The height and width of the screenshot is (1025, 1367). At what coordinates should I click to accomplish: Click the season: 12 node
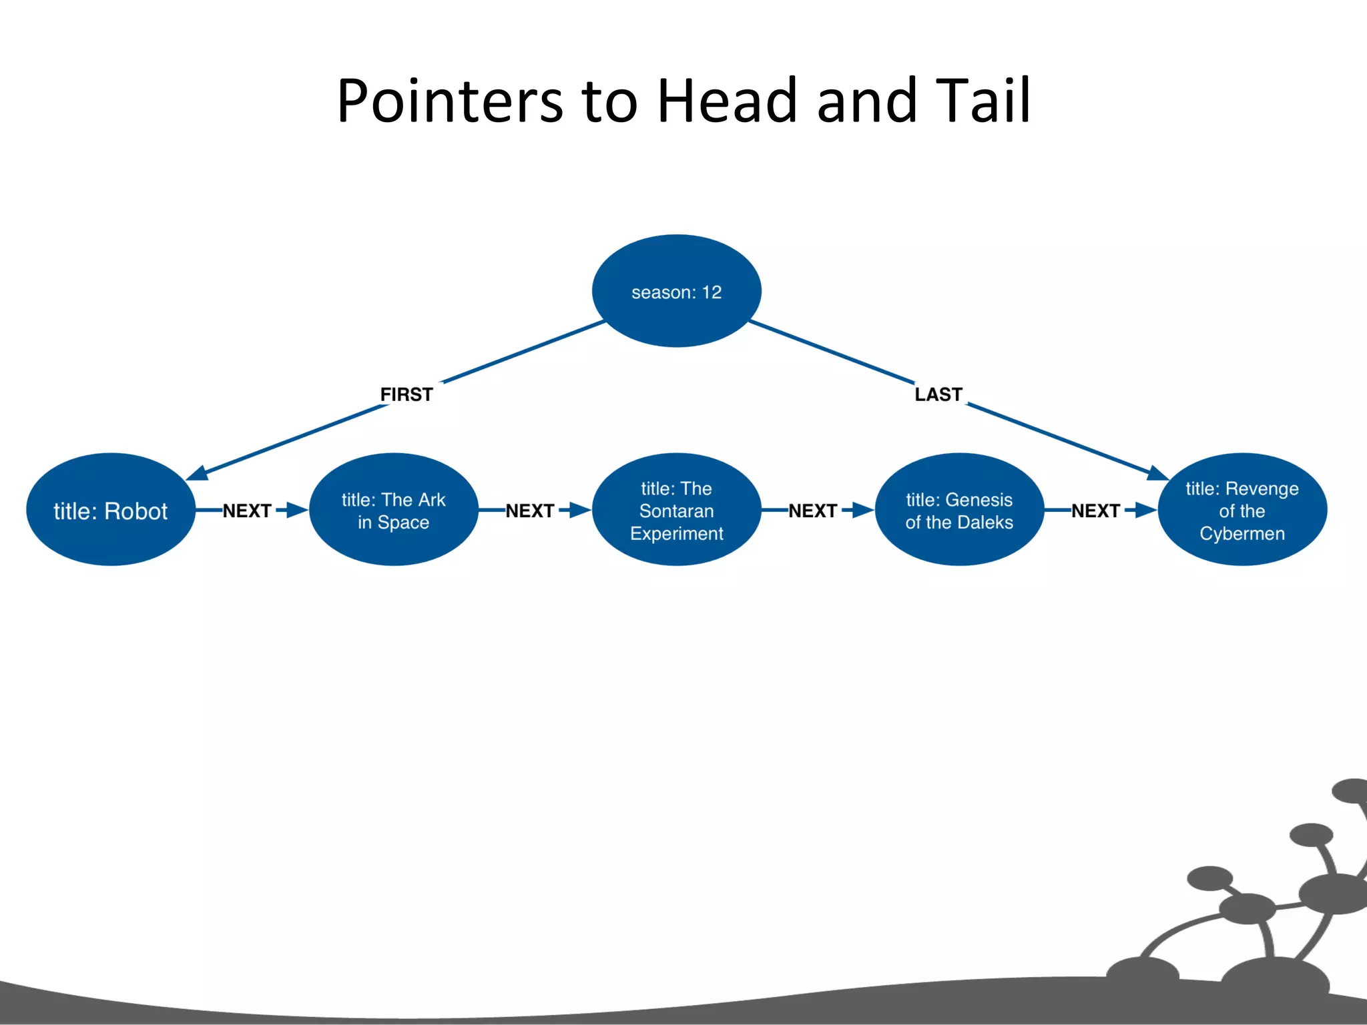676,292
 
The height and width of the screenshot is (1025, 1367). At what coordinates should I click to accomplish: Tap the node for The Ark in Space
393,510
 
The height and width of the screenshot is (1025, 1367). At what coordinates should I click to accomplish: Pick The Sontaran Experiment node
676,510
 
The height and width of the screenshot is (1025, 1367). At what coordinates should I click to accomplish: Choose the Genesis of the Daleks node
959,510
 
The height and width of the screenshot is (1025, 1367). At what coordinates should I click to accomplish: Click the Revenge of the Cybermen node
1242,510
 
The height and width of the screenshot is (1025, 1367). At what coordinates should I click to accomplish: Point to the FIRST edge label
406,394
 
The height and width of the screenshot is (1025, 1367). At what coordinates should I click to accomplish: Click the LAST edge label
938,394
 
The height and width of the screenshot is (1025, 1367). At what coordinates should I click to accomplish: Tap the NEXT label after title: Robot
247,510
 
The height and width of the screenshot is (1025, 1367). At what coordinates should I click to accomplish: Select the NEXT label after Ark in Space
530,510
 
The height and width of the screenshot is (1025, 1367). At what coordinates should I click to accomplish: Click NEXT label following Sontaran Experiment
812,510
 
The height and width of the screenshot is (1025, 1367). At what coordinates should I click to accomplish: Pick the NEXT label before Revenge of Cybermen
1095,510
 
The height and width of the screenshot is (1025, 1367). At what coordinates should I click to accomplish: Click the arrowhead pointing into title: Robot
198,474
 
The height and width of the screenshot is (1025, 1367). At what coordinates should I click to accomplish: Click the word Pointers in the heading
450,101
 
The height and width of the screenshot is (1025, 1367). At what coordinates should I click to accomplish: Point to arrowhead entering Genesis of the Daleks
862,510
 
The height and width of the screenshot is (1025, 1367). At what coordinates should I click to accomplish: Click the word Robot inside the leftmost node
136,511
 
